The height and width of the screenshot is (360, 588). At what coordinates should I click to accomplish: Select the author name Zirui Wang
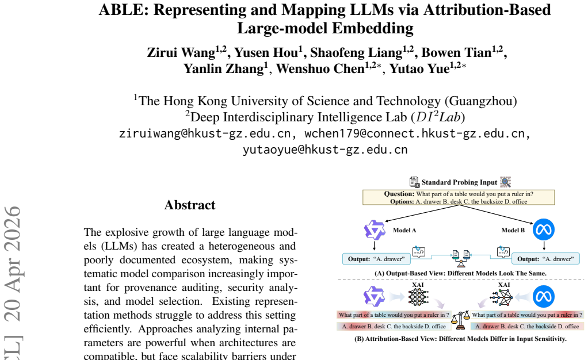181,52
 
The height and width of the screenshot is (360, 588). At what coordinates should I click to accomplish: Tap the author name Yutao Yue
419,68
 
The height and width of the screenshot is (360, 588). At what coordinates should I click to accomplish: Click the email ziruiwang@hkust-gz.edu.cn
205,133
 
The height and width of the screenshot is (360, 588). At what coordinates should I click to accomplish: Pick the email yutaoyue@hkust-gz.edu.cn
325,150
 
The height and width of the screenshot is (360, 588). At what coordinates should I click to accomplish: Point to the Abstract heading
190,205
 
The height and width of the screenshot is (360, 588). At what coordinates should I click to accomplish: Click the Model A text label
404,230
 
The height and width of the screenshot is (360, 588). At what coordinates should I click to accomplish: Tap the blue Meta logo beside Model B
543,229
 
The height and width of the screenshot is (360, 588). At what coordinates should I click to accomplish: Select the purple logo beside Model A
375,230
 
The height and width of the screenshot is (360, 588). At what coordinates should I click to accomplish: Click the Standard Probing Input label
459,182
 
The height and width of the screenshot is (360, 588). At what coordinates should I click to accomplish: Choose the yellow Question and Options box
459,197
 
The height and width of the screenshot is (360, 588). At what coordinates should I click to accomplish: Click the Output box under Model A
376,259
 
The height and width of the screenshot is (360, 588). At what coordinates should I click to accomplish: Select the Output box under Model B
545,259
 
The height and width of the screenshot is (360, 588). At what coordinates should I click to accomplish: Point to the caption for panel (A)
460,273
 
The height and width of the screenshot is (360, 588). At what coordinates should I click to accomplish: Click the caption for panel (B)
460,339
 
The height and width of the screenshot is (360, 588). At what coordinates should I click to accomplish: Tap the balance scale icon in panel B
460,320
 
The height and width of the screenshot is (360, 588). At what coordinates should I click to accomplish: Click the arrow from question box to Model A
422,213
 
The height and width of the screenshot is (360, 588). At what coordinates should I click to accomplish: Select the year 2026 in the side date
13,224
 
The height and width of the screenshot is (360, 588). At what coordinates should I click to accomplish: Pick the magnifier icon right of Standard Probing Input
506,182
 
